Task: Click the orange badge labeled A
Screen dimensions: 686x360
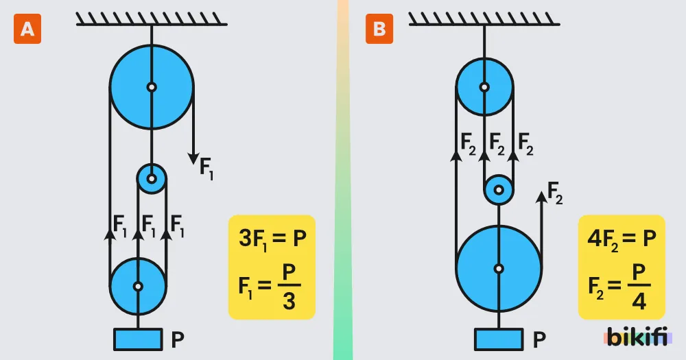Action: click(x=27, y=29)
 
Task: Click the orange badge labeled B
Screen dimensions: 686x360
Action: click(x=379, y=29)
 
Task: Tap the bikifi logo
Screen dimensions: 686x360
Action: click(x=637, y=337)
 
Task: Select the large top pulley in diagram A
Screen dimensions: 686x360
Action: click(x=152, y=87)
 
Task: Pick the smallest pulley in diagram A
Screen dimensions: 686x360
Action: click(x=152, y=178)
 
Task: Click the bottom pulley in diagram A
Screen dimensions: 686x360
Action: click(x=138, y=287)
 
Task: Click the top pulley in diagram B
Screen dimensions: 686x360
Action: click(x=484, y=87)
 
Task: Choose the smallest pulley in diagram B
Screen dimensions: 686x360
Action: click(x=499, y=190)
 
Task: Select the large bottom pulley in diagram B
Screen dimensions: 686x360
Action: click(x=499, y=269)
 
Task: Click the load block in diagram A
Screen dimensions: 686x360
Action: click(x=139, y=339)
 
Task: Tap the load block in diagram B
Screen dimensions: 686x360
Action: click(x=499, y=339)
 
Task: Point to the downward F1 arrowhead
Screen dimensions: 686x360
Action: click(x=193, y=159)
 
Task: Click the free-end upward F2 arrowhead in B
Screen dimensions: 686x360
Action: click(x=542, y=197)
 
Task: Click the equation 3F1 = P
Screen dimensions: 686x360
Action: click(x=272, y=239)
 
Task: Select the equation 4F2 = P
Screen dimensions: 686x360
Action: click(x=622, y=239)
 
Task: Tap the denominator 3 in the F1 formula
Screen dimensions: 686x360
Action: click(x=289, y=301)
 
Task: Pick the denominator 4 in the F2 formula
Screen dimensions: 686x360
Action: click(x=639, y=301)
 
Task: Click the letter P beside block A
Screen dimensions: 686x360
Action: click(x=177, y=339)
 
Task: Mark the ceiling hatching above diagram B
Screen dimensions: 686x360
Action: click(x=484, y=19)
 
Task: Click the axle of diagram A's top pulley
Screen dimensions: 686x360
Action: click(x=152, y=87)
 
